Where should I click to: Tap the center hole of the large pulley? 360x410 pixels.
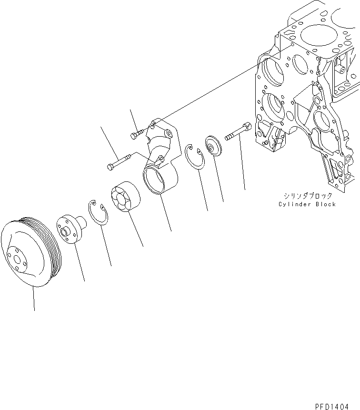click(18, 260)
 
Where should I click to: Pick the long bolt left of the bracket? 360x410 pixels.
click(117, 162)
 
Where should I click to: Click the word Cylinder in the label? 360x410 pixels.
click(295, 204)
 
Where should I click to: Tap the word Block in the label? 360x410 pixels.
click(325, 204)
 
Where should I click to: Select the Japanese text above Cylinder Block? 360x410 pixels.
click(308, 196)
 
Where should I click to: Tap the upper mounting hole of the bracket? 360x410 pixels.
click(153, 125)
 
